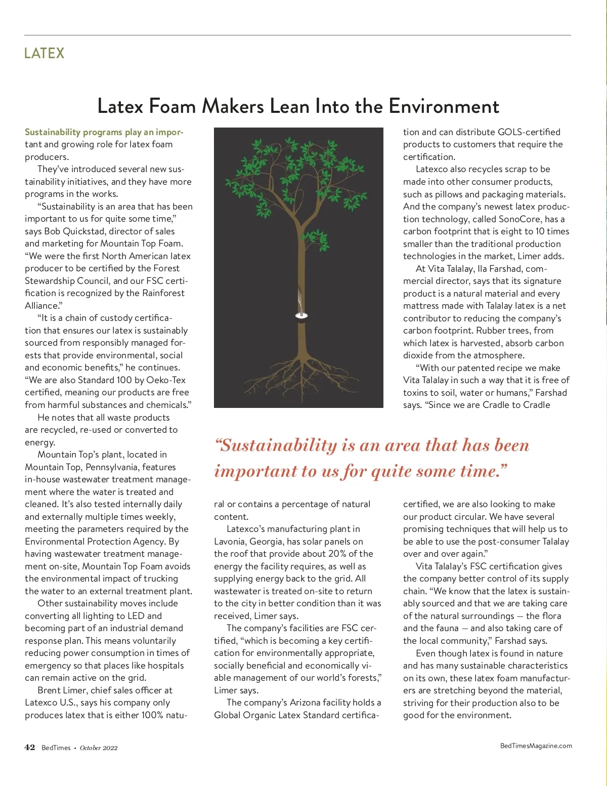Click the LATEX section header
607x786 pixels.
45,53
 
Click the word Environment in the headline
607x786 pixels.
444,106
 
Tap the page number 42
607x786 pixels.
30,748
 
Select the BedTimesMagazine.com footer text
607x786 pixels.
536,746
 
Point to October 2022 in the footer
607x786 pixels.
99,748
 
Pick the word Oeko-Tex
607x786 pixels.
166,380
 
